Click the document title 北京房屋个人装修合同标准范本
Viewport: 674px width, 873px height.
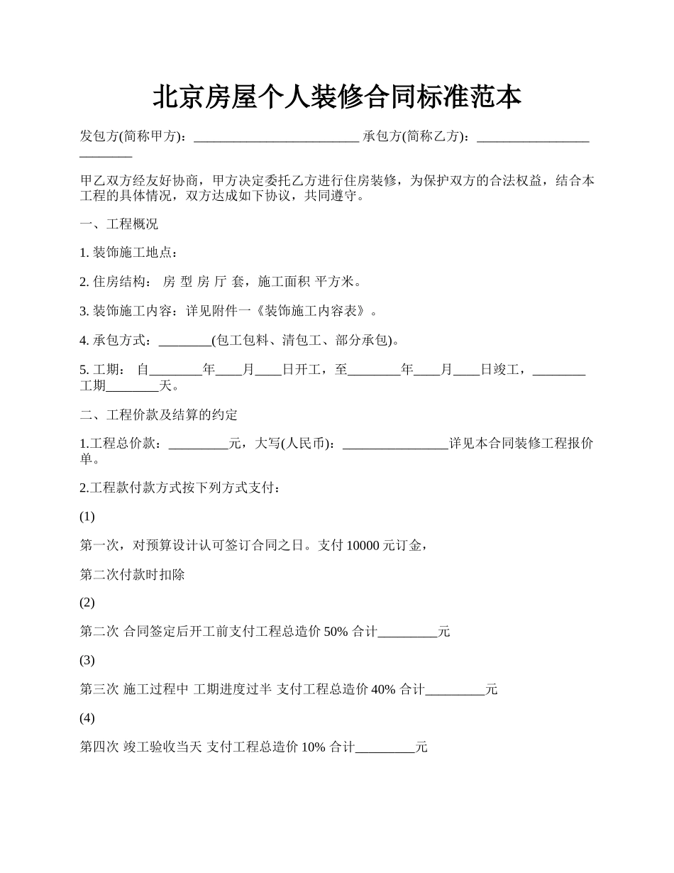point(337,97)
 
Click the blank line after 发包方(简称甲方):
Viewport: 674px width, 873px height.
point(276,137)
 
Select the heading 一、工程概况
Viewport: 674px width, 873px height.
point(118,224)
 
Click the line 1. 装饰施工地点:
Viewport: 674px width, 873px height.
point(128,253)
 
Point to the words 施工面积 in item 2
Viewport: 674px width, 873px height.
point(284,282)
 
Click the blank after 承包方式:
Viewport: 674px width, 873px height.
point(185,341)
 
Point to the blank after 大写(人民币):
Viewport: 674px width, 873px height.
point(395,444)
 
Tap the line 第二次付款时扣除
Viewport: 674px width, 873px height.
point(132,574)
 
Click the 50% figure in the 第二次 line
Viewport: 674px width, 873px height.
point(336,632)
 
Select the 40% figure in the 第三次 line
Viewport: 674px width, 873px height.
point(383,689)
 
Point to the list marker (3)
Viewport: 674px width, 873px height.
point(87,660)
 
